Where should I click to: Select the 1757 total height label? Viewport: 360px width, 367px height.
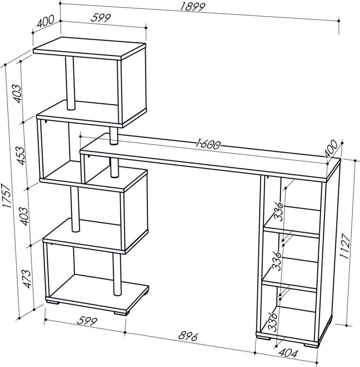(x=7, y=196)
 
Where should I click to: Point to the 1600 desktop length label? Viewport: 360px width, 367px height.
(x=208, y=144)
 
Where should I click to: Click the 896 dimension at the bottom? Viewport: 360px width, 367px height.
(x=188, y=337)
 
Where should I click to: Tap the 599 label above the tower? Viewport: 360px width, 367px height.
(x=100, y=18)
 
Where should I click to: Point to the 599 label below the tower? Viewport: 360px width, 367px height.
(x=87, y=321)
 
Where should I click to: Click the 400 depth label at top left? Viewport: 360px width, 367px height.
(x=45, y=21)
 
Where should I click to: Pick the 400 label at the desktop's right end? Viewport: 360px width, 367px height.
(x=331, y=149)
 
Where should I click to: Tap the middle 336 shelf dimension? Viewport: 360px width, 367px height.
(x=276, y=261)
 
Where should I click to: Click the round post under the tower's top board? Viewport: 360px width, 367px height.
(x=70, y=83)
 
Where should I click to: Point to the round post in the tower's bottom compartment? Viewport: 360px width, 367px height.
(x=117, y=274)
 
